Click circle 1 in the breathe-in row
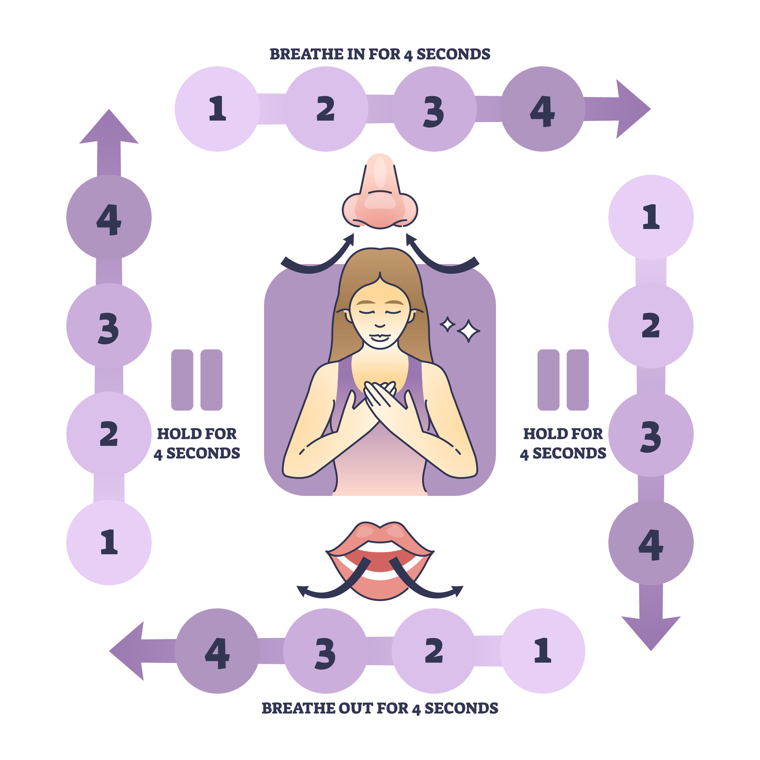tap(217, 109)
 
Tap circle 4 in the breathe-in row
tap(543, 109)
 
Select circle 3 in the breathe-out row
tap(325, 651)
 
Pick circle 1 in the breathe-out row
tap(543, 651)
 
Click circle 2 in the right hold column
tap(651, 326)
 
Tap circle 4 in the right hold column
tap(651, 543)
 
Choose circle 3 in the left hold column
tap(109, 326)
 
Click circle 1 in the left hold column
tap(109, 543)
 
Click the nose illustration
tap(380, 193)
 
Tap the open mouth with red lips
tap(380, 562)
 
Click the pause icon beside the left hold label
tap(197, 380)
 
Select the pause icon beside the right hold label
tap(563, 380)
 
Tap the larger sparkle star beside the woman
tap(468, 331)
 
